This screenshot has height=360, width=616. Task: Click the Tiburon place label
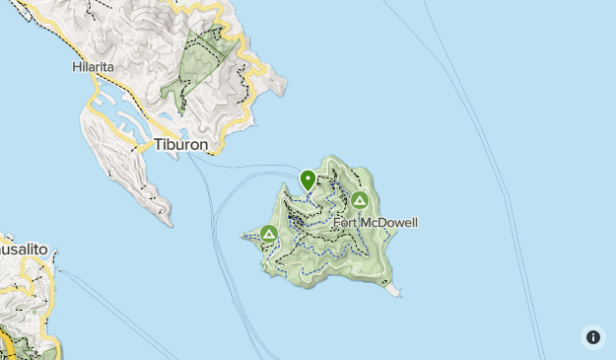[x=180, y=145]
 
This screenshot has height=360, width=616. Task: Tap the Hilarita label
[x=94, y=68]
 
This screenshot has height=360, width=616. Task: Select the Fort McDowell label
[x=375, y=223]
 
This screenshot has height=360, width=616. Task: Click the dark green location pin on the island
[x=308, y=180]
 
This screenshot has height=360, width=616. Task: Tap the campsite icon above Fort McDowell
[x=360, y=201]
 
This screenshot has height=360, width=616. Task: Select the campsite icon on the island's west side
[x=269, y=234]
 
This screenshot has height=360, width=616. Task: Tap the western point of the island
[x=244, y=236]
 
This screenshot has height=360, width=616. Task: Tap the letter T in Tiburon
[x=158, y=145]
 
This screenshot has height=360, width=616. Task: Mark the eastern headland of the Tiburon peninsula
[x=283, y=84]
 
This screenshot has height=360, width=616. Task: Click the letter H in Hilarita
[x=76, y=68]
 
